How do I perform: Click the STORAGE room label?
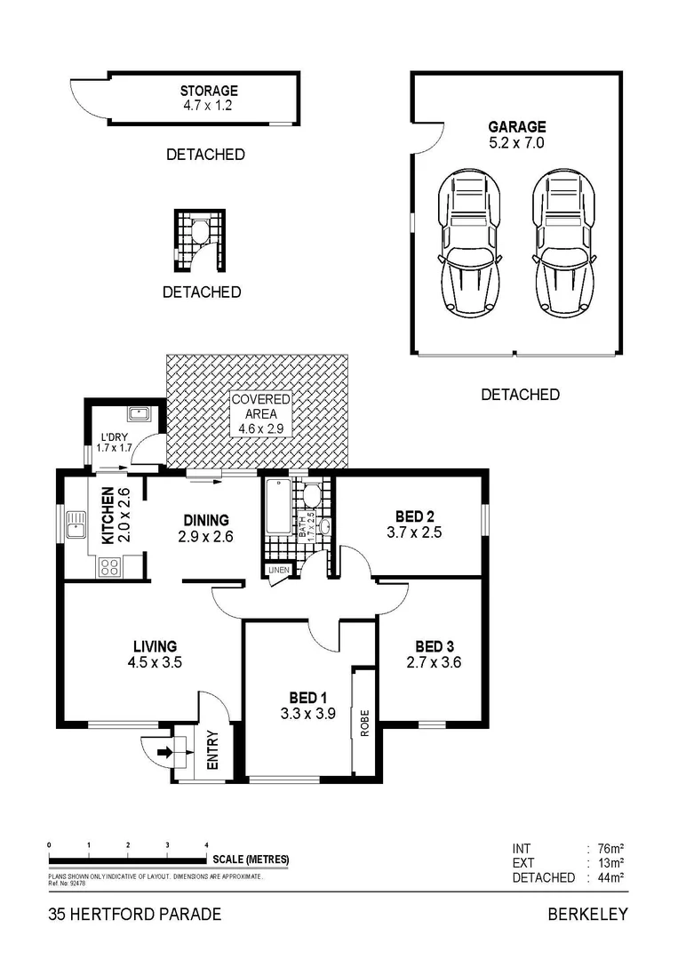[x=209, y=91]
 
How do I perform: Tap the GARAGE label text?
[x=517, y=127]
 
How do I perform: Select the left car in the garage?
[x=470, y=243]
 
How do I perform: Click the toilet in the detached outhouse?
[x=202, y=233]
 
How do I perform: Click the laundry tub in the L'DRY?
[x=138, y=413]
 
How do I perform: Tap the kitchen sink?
[x=77, y=524]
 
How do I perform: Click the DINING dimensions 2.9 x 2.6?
[x=206, y=536]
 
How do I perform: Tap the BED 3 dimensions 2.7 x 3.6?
[x=434, y=662]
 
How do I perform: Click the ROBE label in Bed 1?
[x=364, y=722]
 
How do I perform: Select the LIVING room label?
[x=155, y=645]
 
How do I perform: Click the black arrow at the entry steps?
[x=164, y=753]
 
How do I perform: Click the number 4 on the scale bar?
[x=206, y=844]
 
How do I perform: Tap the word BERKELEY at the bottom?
[x=587, y=914]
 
